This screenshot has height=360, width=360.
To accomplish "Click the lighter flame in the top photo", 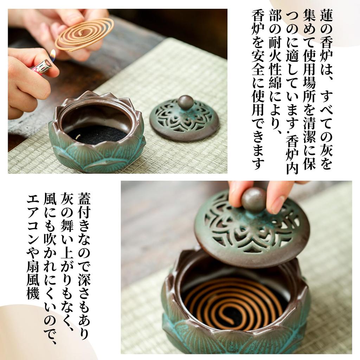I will [53, 55].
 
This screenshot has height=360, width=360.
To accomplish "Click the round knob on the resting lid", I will [186, 102].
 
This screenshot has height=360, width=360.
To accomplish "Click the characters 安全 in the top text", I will [258, 81].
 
